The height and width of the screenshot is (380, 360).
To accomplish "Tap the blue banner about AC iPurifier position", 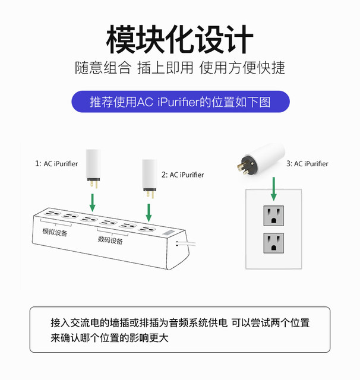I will [179, 102].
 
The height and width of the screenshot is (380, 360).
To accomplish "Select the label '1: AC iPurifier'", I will [56, 163].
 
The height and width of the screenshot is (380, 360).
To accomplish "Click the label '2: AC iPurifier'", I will [182, 175].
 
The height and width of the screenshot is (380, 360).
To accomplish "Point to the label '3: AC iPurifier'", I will [307, 163].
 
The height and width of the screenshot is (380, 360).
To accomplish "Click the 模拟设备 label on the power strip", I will [54, 232].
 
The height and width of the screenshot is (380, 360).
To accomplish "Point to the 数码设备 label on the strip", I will [110, 240].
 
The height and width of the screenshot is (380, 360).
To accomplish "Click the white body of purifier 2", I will [149, 173].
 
